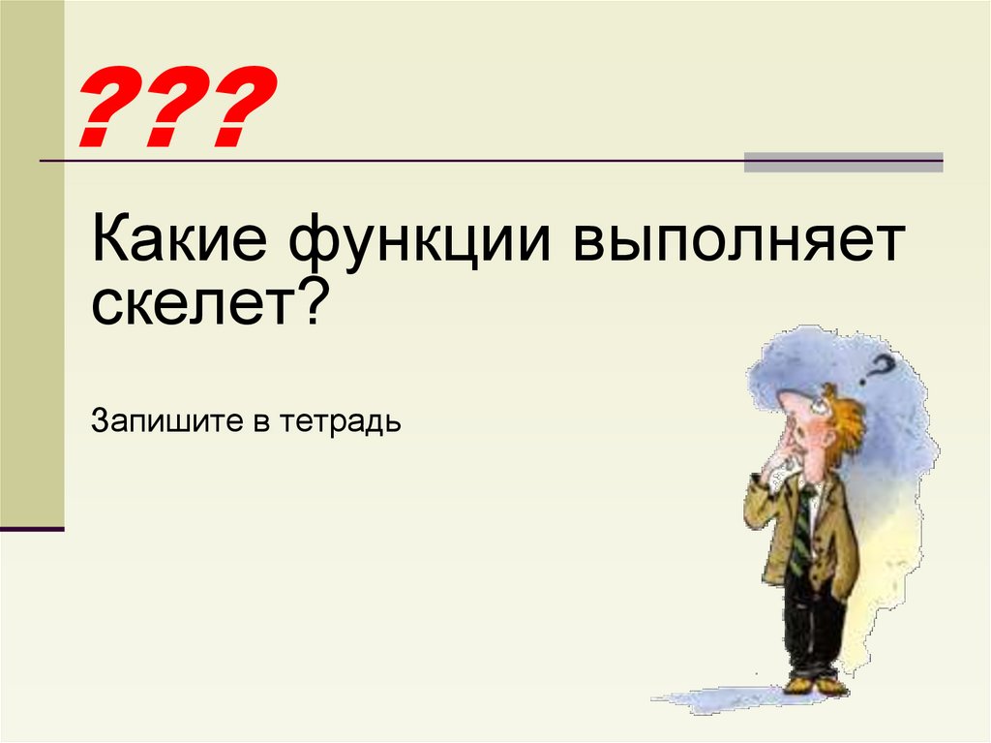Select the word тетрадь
pos(340,423)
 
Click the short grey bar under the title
pos(843,162)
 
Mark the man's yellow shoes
pos(814,685)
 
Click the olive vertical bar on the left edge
pos(32,262)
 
